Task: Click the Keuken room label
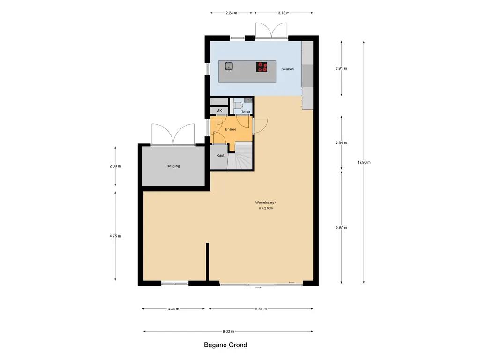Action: tap(287, 69)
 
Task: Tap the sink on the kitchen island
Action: tap(229, 67)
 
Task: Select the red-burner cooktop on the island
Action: tap(262, 67)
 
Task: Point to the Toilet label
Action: tap(246, 112)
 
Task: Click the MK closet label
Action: tap(219, 111)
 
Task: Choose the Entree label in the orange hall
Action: tap(231, 129)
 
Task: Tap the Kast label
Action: tap(220, 155)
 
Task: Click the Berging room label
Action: tap(173, 166)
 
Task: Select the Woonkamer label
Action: tap(265, 202)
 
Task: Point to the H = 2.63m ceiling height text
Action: tap(265, 208)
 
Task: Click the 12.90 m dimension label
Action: tap(364, 162)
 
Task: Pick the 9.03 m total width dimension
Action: tap(228, 331)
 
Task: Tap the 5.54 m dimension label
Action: tap(261, 309)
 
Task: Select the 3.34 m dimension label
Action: tap(173, 309)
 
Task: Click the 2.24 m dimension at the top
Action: tap(231, 13)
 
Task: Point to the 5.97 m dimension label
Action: tap(341, 227)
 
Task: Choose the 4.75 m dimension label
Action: tap(115, 236)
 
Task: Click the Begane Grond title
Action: tap(225, 345)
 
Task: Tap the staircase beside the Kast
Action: tap(240, 156)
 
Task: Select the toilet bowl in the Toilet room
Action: tap(237, 105)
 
